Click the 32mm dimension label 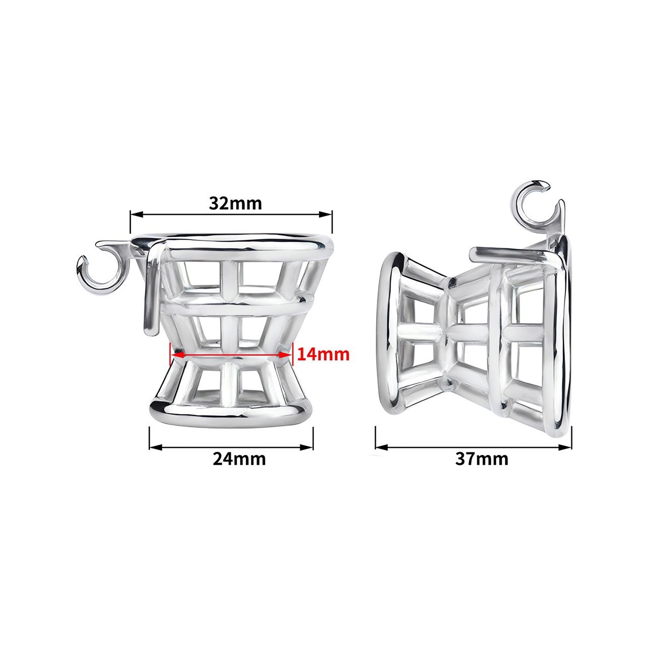235,203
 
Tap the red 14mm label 323,354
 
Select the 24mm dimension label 239,459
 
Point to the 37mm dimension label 481,459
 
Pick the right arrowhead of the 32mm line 325,214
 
